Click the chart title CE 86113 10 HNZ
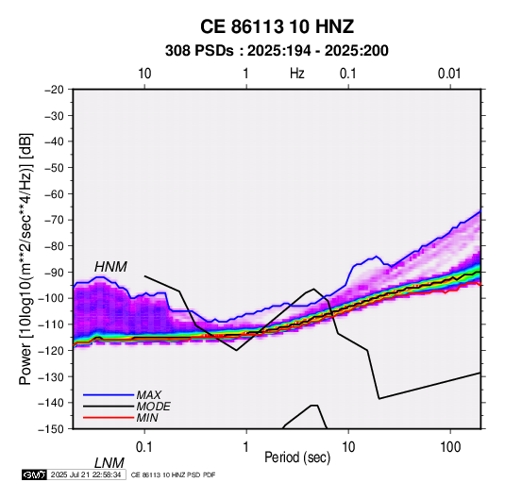tap(277, 26)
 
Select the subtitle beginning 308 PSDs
tap(277, 51)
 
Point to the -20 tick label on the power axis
tap(54, 90)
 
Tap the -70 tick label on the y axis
tap(54, 220)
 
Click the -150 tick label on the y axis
tap(51, 429)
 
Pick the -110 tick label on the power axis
tap(51, 324)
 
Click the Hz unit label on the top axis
tap(297, 74)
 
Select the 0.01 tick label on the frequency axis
tap(449, 74)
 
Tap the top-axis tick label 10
tap(144, 74)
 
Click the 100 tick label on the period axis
tap(450, 447)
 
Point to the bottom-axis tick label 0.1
tap(144, 447)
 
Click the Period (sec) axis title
tap(297, 457)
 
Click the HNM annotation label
tap(110, 267)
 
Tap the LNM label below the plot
tap(109, 463)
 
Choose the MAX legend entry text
tap(149, 394)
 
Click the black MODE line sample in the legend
tap(109, 407)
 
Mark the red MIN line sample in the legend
tap(109, 418)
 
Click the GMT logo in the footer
tap(34, 474)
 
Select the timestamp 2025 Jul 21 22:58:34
tap(86, 474)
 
